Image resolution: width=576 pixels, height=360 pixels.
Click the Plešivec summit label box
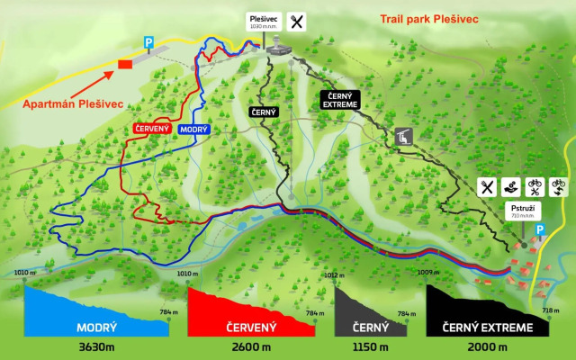click(x=265, y=22)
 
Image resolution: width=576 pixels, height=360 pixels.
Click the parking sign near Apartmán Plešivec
click(x=149, y=41)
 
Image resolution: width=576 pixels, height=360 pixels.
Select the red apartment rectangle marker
click(x=124, y=63)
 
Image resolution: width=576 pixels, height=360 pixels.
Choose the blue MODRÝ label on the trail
click(x=193, y=130)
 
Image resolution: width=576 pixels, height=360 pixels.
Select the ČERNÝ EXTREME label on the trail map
click(x=340, y=100)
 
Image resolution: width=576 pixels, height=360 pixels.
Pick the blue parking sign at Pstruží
click(x=541, y=230)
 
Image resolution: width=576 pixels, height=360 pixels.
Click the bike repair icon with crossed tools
click(x=534, y=187)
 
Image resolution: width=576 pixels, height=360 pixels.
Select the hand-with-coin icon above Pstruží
click(x=510, y=187)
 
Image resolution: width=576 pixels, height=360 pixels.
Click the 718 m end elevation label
click(x=551, y=310)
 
